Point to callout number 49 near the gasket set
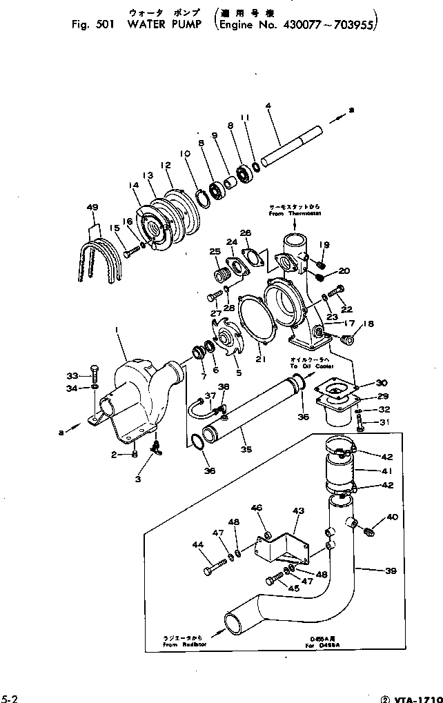(92, 208)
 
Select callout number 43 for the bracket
(298, 511)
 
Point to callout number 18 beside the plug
(368, 324)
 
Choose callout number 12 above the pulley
(166, 166)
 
